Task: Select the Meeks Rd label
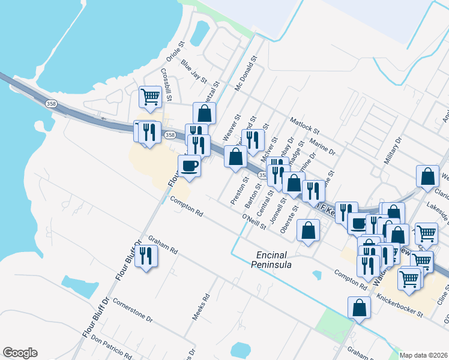200,307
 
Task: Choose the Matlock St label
304,127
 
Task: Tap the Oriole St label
173,51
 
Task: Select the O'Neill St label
254,223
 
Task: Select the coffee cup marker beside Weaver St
190,166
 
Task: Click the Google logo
20,353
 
